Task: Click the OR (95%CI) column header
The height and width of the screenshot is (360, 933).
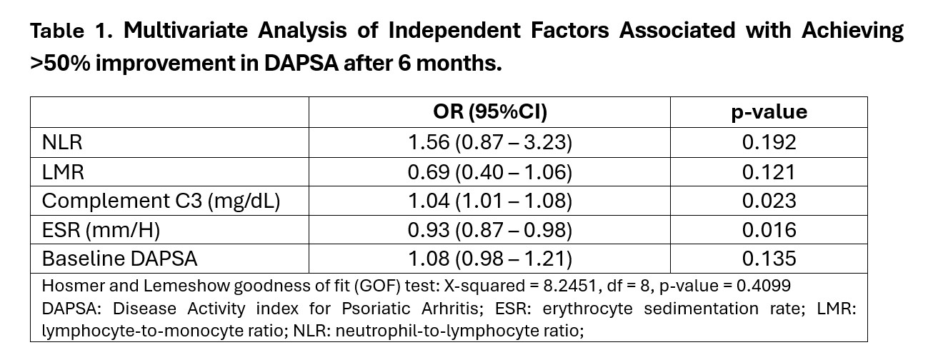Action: tap(489, 112)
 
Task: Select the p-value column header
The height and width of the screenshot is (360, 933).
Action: tap(769, 112)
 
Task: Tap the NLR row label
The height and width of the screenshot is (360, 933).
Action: tap(62, 142)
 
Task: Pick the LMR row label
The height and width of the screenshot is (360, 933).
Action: tap(63, 171)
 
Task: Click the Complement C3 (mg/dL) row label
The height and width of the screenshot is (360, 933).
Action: tap(161, 201)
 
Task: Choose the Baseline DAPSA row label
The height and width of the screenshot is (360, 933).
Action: tap(119, 259)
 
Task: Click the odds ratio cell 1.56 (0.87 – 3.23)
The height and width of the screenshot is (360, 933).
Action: tap(489, 142)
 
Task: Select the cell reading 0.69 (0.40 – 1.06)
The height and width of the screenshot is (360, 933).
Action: tap(489, 171)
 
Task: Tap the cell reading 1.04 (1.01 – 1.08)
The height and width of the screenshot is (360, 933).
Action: tap(489, 201)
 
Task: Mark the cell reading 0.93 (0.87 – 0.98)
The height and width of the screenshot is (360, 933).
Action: tap(489, 229)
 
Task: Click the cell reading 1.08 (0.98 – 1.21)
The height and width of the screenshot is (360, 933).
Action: tap(489, 259)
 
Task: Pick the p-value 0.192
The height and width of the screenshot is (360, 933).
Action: tap(769, 142)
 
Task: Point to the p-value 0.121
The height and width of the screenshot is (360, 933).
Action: tap(769, 171)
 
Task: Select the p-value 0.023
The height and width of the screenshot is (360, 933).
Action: tap(769, 201)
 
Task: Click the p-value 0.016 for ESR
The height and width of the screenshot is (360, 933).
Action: tap(769, 229)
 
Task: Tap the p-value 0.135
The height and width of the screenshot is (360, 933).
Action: tap(769, 259)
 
